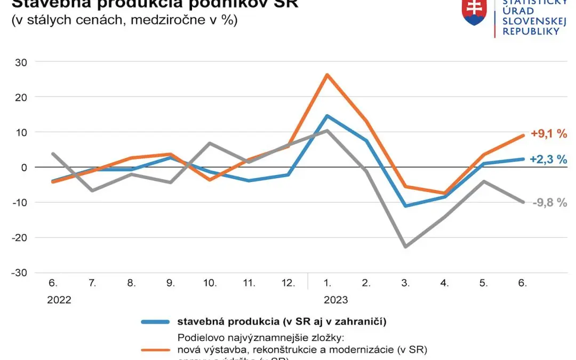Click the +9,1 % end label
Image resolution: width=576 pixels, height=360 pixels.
(x=548, y=134)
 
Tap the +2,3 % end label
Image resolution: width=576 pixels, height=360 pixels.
(x=548, y=159)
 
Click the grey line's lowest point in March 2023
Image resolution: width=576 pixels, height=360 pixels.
(x=406, y=247)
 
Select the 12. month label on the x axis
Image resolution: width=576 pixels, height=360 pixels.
(x=288, y=283)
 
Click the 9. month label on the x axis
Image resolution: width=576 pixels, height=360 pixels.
(x=171, y=283)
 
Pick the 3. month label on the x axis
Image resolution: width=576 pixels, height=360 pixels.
(x=406, y=283)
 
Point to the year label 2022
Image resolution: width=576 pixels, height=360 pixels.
(x=59, y=300)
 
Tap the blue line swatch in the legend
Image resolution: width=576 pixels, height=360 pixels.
(x=155, y=322)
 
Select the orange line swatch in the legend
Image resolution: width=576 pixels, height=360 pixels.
(x=155, y=350)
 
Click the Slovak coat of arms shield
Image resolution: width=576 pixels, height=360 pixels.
(x=474, y=12)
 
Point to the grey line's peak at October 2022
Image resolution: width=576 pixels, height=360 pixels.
(x=210, y=143)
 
